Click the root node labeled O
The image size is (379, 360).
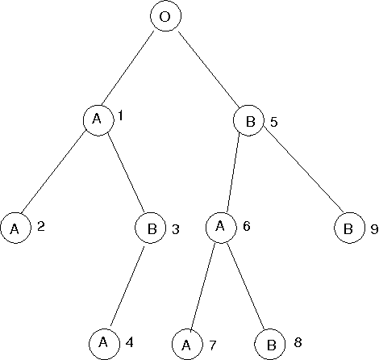pos(164,17)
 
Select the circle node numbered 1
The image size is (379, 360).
pos(97,119)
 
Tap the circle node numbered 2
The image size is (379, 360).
pos(15,228)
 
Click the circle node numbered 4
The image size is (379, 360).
pos(104,342)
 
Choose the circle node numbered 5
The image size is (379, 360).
pos(248,122)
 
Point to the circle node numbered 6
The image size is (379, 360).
pos(219,227)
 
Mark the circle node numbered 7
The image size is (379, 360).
pos(187,345)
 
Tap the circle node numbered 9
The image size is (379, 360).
pos(348,228)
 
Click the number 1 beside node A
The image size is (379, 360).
pos(120,116)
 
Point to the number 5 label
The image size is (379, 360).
pos(274,123)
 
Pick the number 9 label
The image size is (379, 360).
pos(374,229)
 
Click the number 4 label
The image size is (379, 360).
pos(129,342)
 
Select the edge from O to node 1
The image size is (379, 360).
pos(130,69)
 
